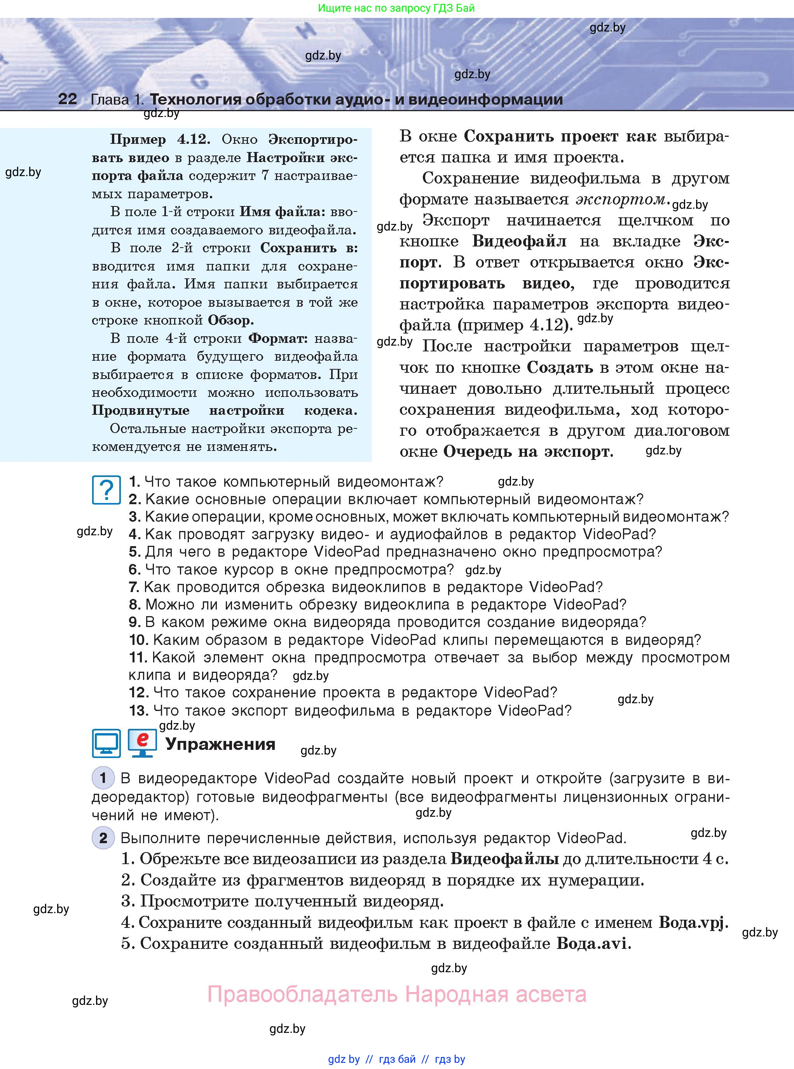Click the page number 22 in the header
(x=67, y=99)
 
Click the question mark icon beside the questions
(x=106, y=490)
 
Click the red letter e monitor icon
(x=142, y=742)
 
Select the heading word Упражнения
(x=220, y=744)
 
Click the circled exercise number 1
(x=103, y=778)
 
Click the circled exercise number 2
(x=103, y=838)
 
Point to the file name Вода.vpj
(x=693, y=922)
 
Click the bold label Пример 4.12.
(x=160, y=140)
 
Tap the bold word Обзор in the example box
(x=230, y=320)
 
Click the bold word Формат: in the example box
(x=278, y=339)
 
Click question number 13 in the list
(x=138, y=711)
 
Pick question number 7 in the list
(x=134, y=587)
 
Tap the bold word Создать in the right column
(x=560, y=367)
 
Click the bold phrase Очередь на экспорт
(x=527, y=452)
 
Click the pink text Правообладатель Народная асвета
(x=396, y=994)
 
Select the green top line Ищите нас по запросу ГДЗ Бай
(x=396, y=8)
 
